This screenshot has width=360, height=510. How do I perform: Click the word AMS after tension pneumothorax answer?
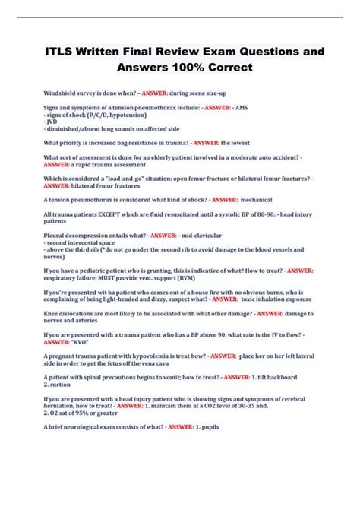click(x=242, y=109)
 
